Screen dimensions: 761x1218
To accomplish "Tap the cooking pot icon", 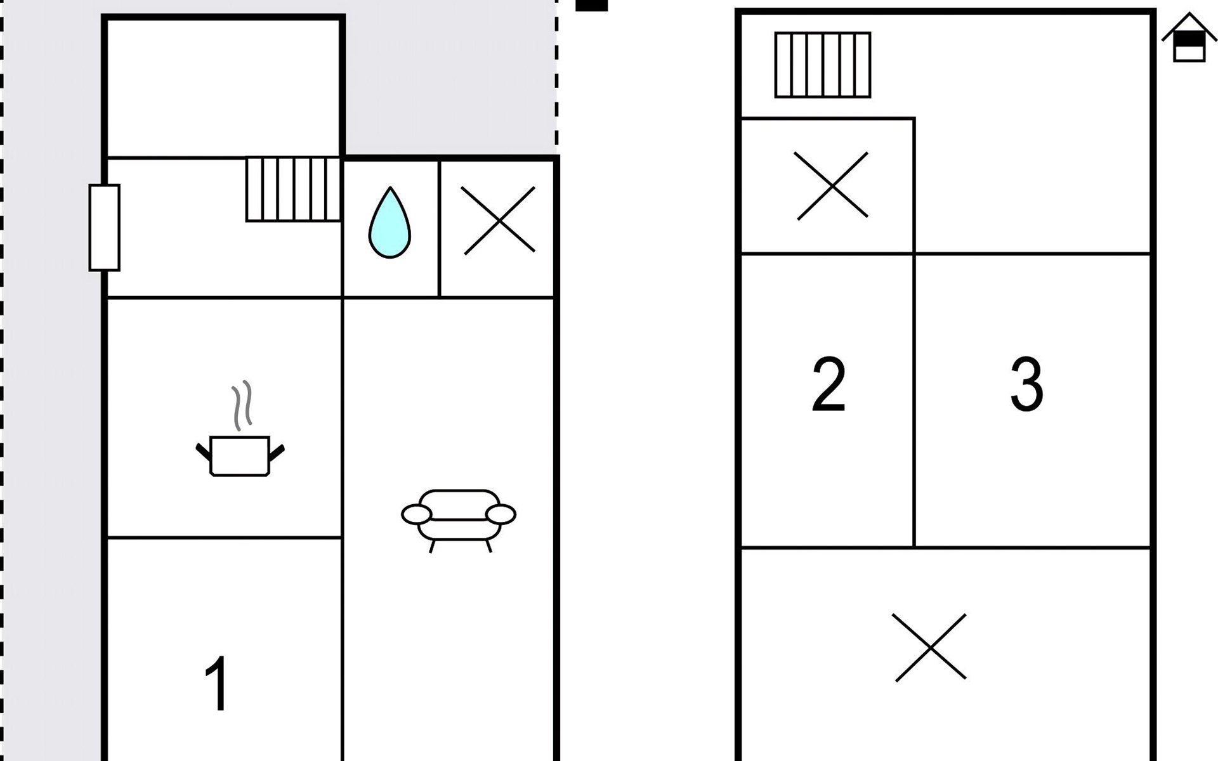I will point(240,455).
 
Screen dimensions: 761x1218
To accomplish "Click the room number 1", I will point(218,684).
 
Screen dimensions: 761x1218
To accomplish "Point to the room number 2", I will point(828,384).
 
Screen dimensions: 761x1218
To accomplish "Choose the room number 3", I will point(1026,384).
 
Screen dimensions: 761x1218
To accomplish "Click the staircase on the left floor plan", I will point(293,189).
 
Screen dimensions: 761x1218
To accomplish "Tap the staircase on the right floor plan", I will point(823,65).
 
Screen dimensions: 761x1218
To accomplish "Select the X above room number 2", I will point(832,186).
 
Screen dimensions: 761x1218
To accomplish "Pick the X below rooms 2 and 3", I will point(930,647).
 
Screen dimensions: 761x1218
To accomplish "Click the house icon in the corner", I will point(1189,39).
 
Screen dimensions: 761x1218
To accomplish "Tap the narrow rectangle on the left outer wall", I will point(104,228).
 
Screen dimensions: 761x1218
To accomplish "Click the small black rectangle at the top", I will point(591,5).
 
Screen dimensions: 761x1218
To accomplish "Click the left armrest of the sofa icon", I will point(416,514).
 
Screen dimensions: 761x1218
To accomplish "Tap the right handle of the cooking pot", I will point(277,452).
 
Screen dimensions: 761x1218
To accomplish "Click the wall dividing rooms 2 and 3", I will point(914,400).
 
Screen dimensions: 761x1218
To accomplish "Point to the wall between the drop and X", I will point(439,228).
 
